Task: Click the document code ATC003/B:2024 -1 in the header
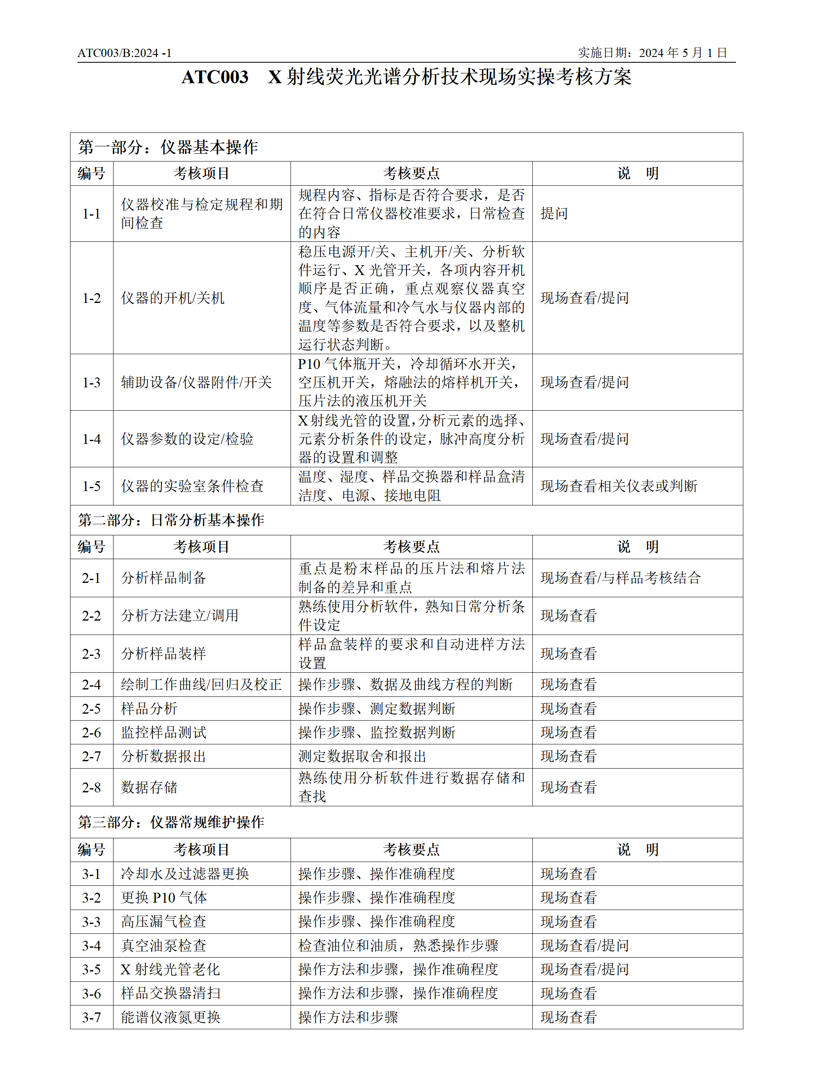tap(125, 53)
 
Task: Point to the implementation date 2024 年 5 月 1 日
tap(683, 52)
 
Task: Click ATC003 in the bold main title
tap(215, 77)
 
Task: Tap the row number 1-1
tap(91, 214)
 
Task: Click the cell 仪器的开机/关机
tap(173, 298)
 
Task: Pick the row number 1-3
tap(91, 382)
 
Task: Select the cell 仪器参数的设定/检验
tap(187, 439)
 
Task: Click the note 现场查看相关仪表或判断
tap(618, 486)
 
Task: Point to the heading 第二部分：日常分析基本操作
tap(171, 520)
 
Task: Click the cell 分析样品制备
tap(164, 578)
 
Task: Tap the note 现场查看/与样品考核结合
tap(620, 578)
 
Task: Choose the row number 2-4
tap(91, 685)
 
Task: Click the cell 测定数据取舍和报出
tap(362, 756)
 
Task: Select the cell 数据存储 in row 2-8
tap(149, 787)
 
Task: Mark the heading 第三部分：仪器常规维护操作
tap(171, 822)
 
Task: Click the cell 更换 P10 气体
tap(164, 897)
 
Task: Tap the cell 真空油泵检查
tap(164, 946)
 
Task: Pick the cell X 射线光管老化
tap(170, 969)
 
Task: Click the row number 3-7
tap(91, 1017)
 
